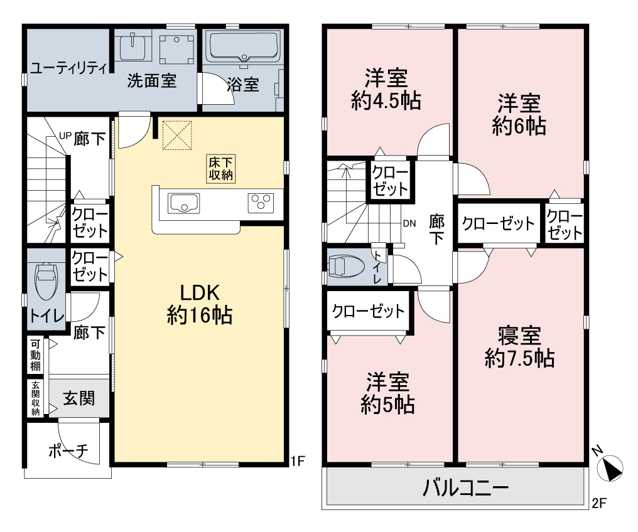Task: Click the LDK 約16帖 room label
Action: (200, 304)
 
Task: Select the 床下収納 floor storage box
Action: (221, 169)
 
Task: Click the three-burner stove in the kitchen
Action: (261, 203)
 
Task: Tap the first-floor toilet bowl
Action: (47, 281)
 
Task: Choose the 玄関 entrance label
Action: (79, 398)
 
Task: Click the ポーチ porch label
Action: (68, 450)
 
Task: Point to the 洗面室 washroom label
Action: (152, 80)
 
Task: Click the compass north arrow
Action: (610, 468)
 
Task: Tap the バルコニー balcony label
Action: (466, 487)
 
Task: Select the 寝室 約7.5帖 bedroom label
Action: (519, 347)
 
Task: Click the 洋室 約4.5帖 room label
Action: (386, 90)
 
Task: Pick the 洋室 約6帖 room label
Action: (519, 114)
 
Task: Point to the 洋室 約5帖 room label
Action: (388, 393)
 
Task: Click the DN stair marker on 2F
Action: (409, 223)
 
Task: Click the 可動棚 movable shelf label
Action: (35, 355)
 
